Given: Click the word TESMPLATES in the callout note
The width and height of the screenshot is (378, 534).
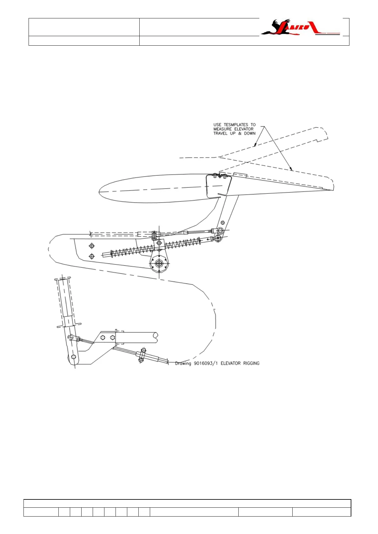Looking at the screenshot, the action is click(x=236, y=125).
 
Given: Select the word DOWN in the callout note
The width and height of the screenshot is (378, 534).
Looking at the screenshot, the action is click(x=249, y=133).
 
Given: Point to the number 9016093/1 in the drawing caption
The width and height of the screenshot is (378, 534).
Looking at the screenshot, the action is click(x=206, y=363).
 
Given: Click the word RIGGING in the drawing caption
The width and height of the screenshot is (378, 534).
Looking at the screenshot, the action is click(x=251, y=363).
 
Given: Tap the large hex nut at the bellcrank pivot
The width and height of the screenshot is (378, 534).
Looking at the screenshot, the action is click(x=159, y=263).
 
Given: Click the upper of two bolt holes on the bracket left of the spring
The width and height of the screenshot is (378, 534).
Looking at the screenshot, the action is click(x=92, y=246).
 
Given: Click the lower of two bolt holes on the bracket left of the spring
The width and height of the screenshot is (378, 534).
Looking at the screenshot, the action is click(x=92, y=256).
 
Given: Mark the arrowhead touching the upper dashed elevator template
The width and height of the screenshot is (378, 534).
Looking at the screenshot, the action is click(x=255, y=146).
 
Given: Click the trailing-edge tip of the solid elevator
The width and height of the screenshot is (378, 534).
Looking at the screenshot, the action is click(x=333, y=190).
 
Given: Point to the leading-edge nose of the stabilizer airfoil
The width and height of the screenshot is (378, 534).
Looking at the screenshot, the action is click(x=100, y=192).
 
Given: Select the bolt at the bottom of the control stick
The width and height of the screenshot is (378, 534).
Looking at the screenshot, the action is click(x=74, y=357).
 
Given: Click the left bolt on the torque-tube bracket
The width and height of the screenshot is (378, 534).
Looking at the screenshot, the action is click(x=103, y=337).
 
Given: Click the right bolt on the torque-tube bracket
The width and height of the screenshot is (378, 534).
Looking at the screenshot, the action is click(x=112, y=337).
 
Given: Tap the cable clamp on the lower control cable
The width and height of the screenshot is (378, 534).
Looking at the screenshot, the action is click(x=142, y=355).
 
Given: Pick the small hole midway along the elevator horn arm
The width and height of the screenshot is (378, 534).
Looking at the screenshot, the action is click(x=223, y=222).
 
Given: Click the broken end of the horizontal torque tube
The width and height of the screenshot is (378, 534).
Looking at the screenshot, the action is click(x=156, y=337).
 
